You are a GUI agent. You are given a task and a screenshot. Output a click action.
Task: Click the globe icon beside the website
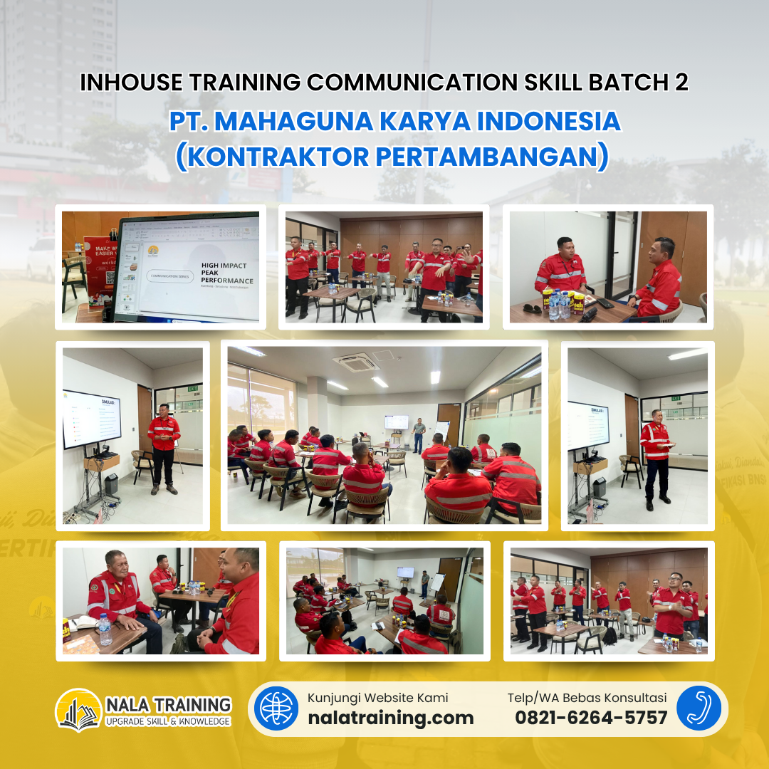[276, 708]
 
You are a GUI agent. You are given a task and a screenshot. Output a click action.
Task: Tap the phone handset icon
[699, 708]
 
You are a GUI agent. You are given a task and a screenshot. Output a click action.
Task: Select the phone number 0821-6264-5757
[591, 718]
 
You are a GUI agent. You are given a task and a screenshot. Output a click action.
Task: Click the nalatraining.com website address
[390, 718]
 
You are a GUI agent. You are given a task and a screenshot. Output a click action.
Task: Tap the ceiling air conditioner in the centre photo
[356, 362]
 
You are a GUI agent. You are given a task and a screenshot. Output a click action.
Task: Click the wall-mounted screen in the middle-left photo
[92, 419]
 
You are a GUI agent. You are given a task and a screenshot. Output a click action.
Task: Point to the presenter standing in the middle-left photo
[164, 447]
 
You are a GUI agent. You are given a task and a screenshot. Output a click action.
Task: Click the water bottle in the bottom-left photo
[105, 630]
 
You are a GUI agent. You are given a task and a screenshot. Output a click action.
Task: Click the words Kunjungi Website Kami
[378, 698]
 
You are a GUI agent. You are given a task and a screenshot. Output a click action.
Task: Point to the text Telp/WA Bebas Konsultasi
[587, 698]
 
